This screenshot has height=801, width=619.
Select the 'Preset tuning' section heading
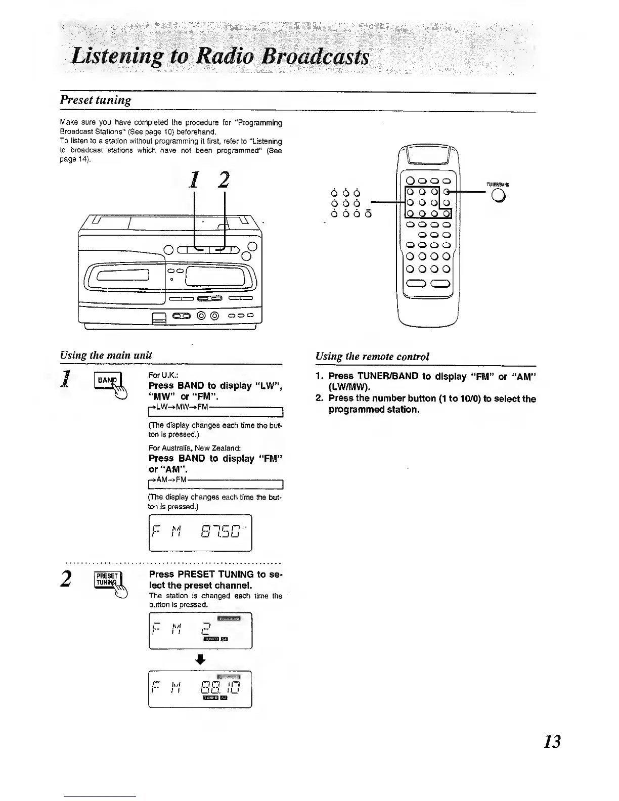tap(96, 100)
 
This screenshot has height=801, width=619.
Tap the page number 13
tap(552, 742)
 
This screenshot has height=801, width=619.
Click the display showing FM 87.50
tap(200, 532)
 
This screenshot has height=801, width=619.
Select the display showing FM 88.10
tap(200, 689)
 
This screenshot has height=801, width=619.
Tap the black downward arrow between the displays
tap(201, 659)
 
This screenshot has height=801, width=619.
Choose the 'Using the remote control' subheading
tap(372, 356)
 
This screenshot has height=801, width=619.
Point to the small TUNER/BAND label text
tap(497, 185)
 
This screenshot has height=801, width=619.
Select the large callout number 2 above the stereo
tap(224, 180)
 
